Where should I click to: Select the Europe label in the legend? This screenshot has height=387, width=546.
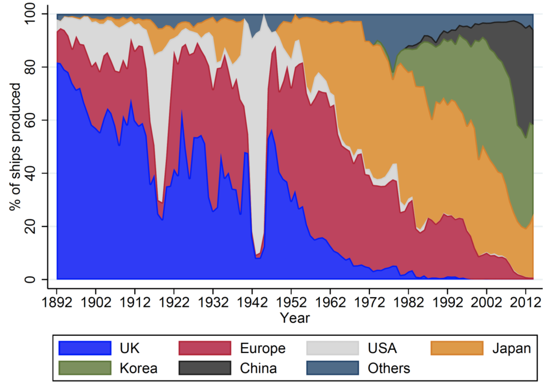262,349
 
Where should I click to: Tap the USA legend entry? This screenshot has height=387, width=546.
382,349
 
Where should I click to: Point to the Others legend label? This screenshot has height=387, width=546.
389,368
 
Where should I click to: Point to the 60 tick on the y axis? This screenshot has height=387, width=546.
40,120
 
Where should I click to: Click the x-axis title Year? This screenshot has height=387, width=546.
295,318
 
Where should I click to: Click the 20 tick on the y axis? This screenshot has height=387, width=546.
40,227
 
